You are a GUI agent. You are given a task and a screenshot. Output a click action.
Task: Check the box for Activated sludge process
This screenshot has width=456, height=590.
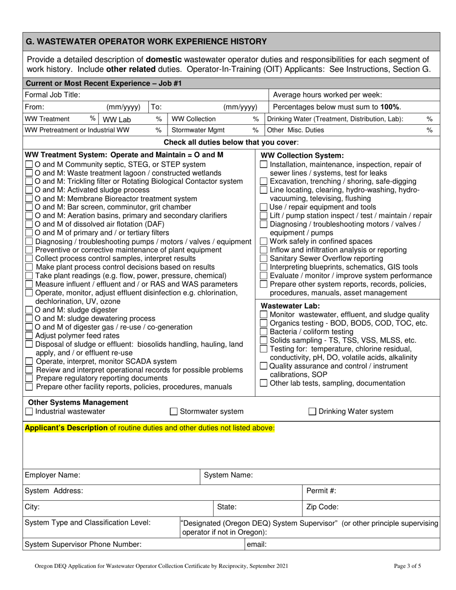point(29,190)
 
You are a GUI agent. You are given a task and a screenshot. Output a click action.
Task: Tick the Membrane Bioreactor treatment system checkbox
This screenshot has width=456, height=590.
point(29,199)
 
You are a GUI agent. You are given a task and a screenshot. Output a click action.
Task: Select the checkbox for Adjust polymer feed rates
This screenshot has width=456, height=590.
point(29,336)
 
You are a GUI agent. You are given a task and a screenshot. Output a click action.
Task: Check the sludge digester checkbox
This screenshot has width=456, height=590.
point(29,310)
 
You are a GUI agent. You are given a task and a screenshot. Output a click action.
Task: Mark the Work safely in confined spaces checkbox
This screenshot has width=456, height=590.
point(264,241)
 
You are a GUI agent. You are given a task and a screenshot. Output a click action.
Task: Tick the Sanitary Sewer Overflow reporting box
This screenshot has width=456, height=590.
point(264,259)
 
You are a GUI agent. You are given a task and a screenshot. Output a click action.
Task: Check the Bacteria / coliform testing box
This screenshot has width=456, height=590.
point(264,332)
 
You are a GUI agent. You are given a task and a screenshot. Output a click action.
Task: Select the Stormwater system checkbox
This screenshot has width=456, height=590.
point(174,412)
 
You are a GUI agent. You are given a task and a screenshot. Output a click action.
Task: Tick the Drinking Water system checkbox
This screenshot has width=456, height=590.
point(312,412)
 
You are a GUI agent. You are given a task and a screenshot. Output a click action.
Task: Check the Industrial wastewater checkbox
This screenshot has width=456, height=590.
point(29,412)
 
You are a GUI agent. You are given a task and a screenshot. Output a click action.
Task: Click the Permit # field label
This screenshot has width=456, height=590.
point(321,491)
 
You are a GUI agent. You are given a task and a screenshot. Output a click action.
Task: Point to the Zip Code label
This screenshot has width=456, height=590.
point(322,507)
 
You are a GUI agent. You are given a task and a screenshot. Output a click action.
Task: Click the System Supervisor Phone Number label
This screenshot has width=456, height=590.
point(83,544)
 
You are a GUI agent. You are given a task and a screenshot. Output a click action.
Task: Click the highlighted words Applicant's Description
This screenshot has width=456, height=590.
point(66,427)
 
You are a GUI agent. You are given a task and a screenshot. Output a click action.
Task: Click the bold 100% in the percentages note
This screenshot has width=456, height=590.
point(390,106)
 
